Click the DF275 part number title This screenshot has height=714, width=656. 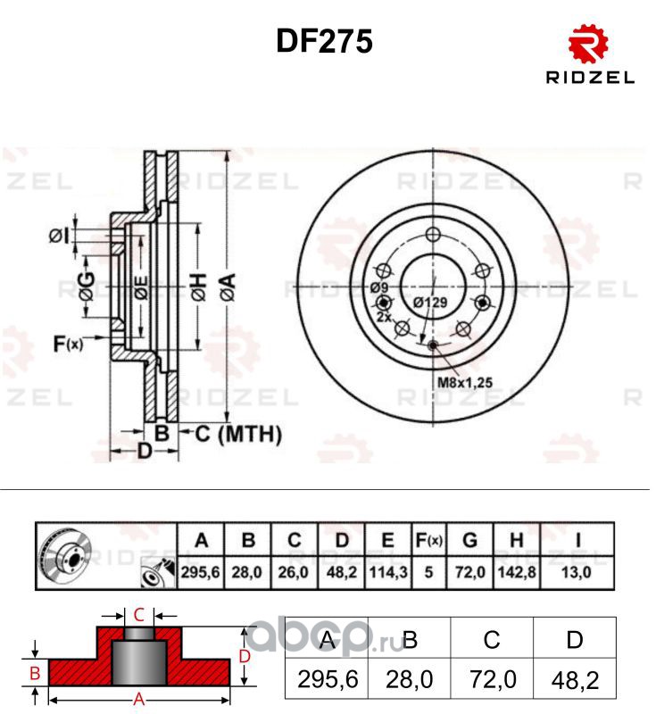click(324, 41)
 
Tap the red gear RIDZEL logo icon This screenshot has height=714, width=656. click(588, 45)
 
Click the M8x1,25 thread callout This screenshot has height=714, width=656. click(465, 382)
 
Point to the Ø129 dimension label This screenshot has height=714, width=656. click(430, 302)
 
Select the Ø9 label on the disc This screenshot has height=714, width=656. click(378, 287)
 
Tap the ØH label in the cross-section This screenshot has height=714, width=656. click(198, 286)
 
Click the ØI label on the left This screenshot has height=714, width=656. click(60, 237)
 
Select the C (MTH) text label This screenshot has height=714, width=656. click(238, 434)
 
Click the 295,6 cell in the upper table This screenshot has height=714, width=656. click(200, 571)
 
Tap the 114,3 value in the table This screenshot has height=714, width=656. click(388, 571)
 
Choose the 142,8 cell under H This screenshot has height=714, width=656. click(517, 571)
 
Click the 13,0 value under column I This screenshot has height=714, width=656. click(577, 571)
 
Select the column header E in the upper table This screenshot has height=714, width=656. click(388, 540)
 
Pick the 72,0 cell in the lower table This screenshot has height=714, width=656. click(493, 680)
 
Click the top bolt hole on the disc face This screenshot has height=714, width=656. click(433, 235)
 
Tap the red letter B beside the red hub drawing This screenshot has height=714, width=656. click(35, 673)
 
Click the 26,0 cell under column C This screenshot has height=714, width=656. click(293, 571)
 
